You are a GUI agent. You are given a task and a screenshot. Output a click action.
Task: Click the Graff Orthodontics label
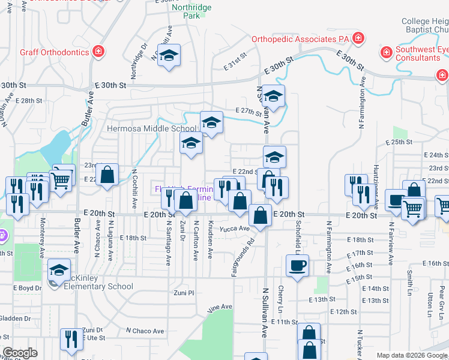click(x=54, y=52)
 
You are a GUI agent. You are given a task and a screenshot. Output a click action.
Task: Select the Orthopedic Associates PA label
click(x=300, y=39)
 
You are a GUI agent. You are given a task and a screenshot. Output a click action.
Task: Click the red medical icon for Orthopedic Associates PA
click(x=358, y=39)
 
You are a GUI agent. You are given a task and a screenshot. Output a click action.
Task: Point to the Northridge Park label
click(x=191, y=11)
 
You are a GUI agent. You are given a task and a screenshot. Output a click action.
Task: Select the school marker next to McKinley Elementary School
click(x=59, y=270)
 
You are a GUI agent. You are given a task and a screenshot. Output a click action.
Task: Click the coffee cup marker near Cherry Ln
click(x=298, y=265)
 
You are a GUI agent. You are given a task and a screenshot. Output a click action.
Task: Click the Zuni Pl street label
click(x=184, y=293)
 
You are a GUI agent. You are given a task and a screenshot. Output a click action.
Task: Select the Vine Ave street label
click(x=219, y=308)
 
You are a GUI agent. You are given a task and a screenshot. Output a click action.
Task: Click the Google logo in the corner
click(x=20, y=353)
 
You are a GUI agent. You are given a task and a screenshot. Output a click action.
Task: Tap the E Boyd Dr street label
click(x=28, y=288)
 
